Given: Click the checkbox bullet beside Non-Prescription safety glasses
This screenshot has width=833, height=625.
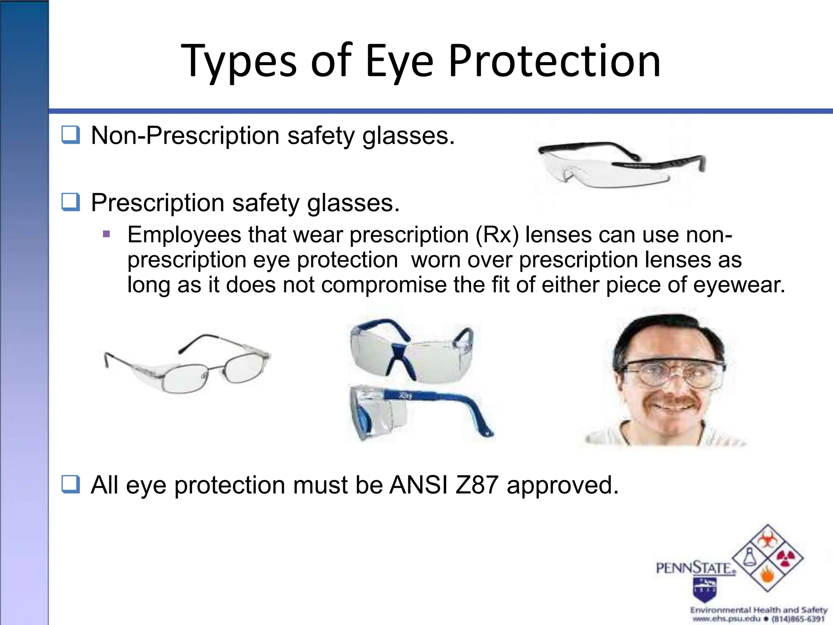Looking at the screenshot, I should [71, 135].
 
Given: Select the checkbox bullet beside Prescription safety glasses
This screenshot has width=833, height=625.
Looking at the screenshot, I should [71, 202].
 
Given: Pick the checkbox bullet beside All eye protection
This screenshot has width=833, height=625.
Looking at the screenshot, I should [71, 484].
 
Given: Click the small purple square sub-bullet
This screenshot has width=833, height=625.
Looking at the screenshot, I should [107, 234].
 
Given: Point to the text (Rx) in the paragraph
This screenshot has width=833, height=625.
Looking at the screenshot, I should [497, 235].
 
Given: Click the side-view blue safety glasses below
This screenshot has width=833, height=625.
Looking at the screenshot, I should [419, 413].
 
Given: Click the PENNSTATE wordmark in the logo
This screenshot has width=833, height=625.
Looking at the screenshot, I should [696, 568].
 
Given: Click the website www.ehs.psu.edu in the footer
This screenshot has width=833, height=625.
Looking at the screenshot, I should [726, 619].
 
